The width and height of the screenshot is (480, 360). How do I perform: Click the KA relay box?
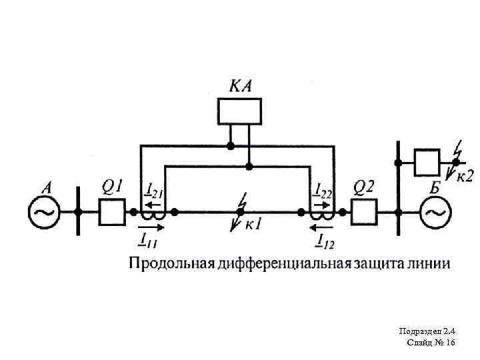point(239,111)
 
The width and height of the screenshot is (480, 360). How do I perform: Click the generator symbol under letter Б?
point(434,212)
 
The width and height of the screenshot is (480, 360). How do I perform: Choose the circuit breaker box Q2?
point(363,212)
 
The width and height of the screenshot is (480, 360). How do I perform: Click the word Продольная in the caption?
point(170,263)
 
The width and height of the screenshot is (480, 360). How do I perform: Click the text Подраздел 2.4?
point(427,331)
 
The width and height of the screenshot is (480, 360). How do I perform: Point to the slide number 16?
point(449,342)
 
